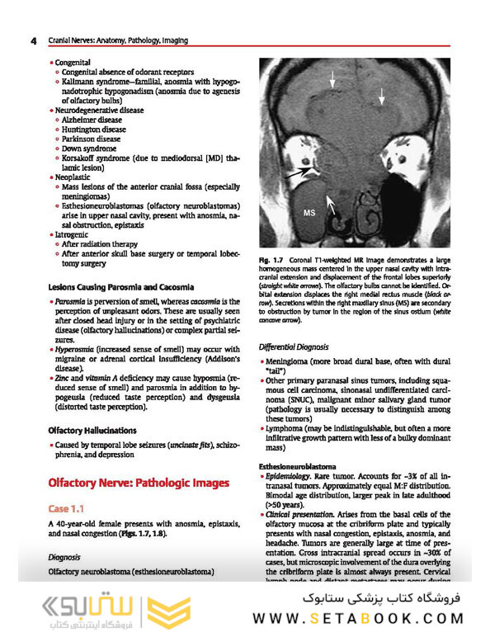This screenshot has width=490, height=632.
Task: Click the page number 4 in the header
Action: point(32,40)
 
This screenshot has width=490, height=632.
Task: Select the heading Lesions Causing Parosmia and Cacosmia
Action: point(120,287)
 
